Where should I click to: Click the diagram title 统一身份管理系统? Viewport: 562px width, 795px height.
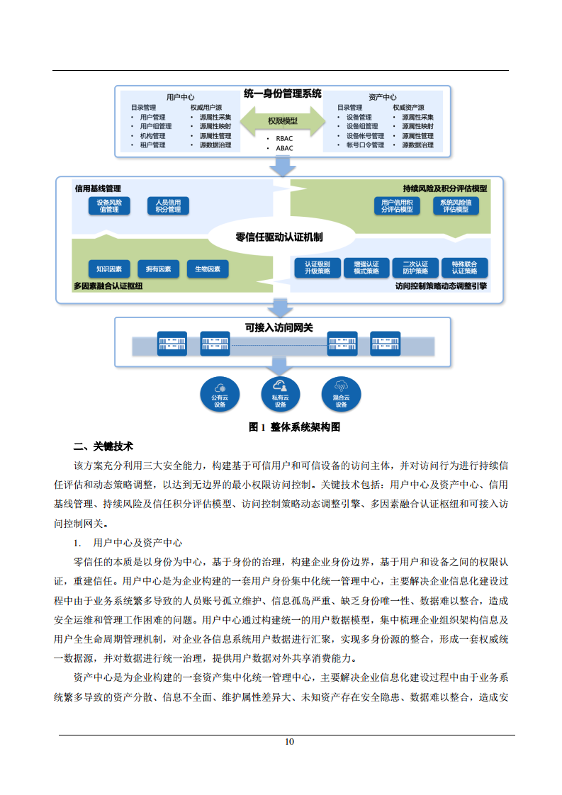[x=282, y=94]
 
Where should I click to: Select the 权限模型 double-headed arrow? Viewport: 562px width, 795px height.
[x=282, y=121]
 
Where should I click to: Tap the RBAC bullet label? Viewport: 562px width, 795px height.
[x=285, y=139]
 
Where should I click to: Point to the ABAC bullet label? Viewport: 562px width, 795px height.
[x=285, y=148]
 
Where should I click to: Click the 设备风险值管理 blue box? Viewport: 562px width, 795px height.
[x=109, y=206]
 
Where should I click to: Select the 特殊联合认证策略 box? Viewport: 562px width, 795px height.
[x=465, y=267]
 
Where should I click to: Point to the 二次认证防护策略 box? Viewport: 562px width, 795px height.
[x=415, y=267]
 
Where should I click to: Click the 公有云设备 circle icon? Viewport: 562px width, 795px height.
[x=220, y=394]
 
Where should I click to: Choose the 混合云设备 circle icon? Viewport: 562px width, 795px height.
[x=341, y=394]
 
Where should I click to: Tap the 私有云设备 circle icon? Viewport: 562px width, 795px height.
[x=280, y=394]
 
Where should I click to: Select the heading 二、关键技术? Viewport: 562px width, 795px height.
[x=103, y=447]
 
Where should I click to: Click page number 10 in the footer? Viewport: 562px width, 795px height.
[x=288, y=742]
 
